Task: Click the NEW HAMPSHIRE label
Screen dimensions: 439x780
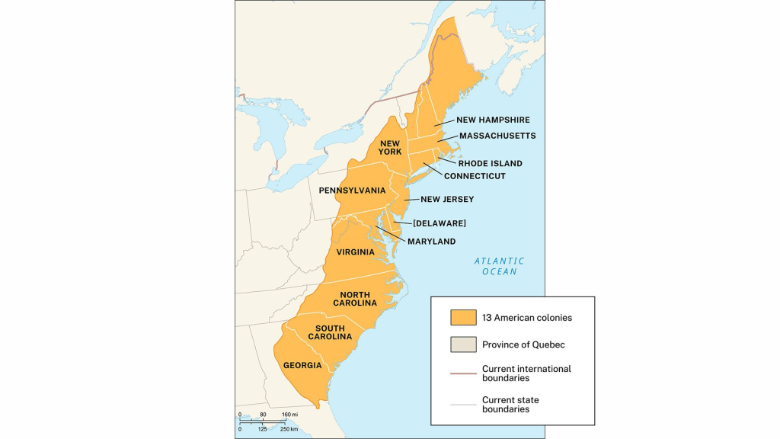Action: (493, 120)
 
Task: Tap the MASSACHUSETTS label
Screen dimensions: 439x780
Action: (497, 136)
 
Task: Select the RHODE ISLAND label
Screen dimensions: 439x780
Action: (490, 163)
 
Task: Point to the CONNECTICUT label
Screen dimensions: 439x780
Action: (475, 176)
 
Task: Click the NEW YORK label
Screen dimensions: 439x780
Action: (390, 147)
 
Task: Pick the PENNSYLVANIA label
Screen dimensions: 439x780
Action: (352, 190)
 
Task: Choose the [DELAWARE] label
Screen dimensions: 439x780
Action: (440, 223)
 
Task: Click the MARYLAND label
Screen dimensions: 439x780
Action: (431, 242)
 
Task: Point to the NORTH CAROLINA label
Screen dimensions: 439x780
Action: (355, 298)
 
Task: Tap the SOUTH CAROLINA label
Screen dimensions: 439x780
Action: (329, 332)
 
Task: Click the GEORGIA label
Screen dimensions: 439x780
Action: (302, 365)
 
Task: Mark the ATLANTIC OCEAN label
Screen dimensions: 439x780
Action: (499, 266)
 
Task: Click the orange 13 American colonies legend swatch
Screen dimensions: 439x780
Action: (462, 317)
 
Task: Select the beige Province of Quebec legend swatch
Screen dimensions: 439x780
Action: (462, 344)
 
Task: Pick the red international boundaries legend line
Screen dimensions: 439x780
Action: (462, 373)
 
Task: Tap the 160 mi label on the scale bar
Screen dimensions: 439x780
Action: (289, 415)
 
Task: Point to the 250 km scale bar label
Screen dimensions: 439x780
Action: (289, 430)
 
